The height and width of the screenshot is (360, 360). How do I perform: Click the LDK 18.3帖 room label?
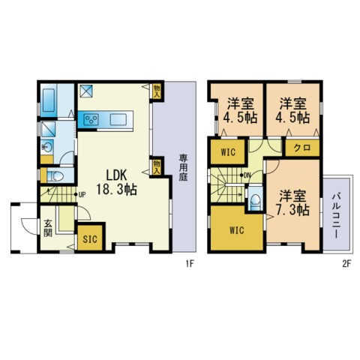pyautogui.click(x=116, y=182)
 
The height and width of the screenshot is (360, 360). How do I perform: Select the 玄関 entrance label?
pyautogui.click(x=48, y=228)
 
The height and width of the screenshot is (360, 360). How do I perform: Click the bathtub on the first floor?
pyautogui.click(x=49, y=100)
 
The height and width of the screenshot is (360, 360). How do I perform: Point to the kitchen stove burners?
pyautogui.click(x=91, y=119)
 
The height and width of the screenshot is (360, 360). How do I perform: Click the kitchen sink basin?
pyautogui.click(x=118, y=119)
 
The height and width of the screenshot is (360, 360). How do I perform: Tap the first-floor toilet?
pyautogui.click(x=55, y=176)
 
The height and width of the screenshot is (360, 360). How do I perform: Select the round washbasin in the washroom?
pyautogui.click(x=46, y=147)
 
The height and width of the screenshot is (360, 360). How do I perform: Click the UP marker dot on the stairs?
pyautogui.click(x=76, y=194)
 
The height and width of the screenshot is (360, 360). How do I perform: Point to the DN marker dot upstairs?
pyautogui.click(x=241, y=175)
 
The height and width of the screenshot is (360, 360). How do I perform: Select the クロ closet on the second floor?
pyautogui.click(x=302, y=148)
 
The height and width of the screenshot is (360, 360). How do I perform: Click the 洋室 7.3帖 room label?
pyautogui.click(x=292, y=202)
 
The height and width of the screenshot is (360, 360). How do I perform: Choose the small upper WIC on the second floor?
pyautogui.click(x=228, y=152)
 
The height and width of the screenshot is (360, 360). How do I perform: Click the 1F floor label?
pyautogui.click(x=190, y=264)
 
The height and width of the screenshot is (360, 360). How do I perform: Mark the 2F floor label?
pyautogui.click(x=347, y=264)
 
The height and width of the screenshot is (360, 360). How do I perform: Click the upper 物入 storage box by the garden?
pyautogui.click(x=157, y=91)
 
